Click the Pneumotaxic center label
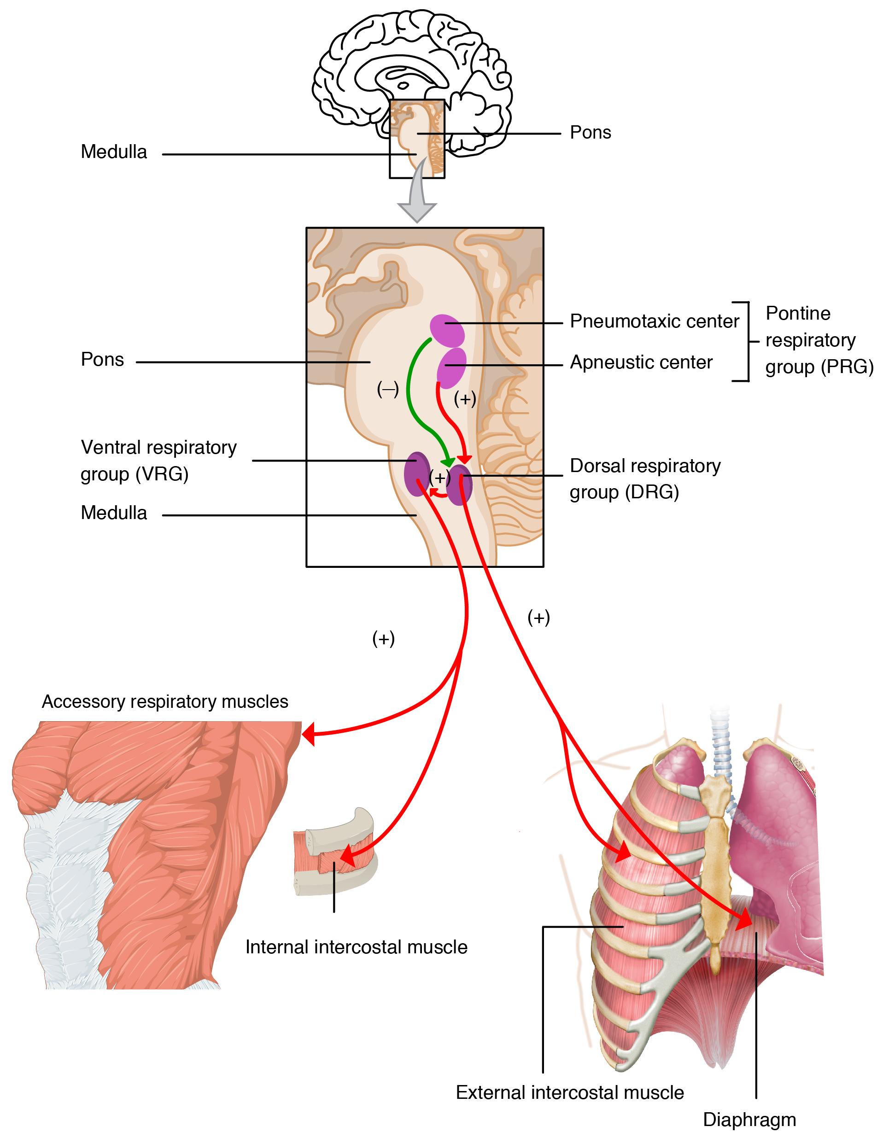(x=654, y=321)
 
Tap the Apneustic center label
(x=641, y=362)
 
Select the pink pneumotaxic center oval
(x=447, y=330)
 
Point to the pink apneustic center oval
(x=452, y=366)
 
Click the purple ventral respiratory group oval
(x=417, y=473)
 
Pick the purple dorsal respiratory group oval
(x=460, y=485)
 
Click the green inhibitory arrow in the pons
(x=412, y=396)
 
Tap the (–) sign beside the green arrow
(x=388, y=389)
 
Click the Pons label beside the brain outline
(x=590, y=132)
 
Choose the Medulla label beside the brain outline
(x=114, y=152)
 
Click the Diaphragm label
(x=749, y=1119)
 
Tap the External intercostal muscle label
(x=570, y=1092)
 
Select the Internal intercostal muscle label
(x=357, y=947)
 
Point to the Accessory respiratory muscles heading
(x=165, y=701)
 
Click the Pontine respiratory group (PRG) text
(x=819, y=340)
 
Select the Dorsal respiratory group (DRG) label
(x=645, y=479)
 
